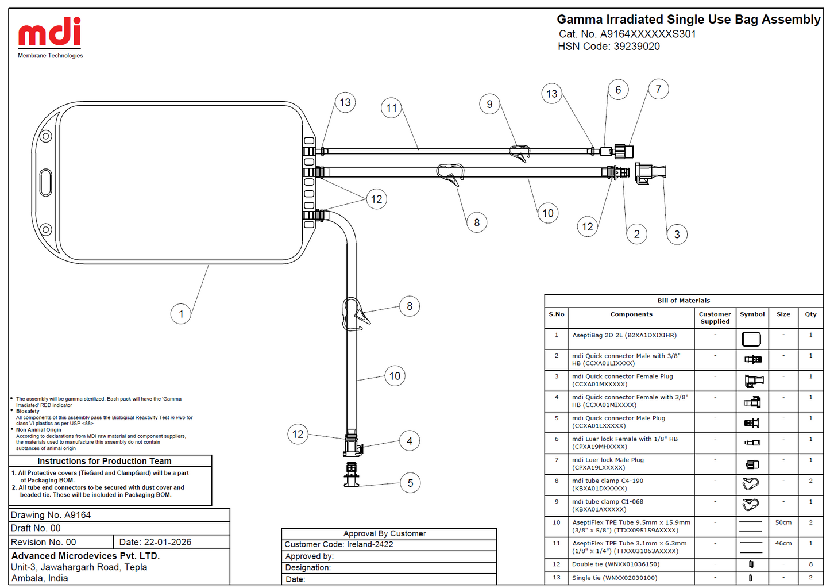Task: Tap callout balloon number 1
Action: click(x=181, y=314)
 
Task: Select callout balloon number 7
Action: click(x=658, y=89)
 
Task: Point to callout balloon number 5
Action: click(x=410, y=483)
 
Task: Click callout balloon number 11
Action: click(x=391, y=108)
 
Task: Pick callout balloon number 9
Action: click(x=489, y=104)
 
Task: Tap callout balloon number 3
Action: click(x=677, y=235)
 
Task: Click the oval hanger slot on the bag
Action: click(x=45, y=182)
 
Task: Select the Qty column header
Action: click(x=810, y=314)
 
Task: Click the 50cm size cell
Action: click(x=783, y=522)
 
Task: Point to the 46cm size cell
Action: click(x=783, y=543)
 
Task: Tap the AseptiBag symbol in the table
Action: click(x=751, y=339)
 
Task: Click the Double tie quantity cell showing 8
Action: click(x=810, y=564)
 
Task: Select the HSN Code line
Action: click(x=609, y=47)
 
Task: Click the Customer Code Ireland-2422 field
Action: click(x=339, y=544)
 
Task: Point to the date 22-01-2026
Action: click(x=168, y=542)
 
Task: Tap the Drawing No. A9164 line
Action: click(x=51, y=515)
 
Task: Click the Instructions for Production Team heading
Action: click(x=104, y=461)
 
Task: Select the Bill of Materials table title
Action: click(x=684, y=301)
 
